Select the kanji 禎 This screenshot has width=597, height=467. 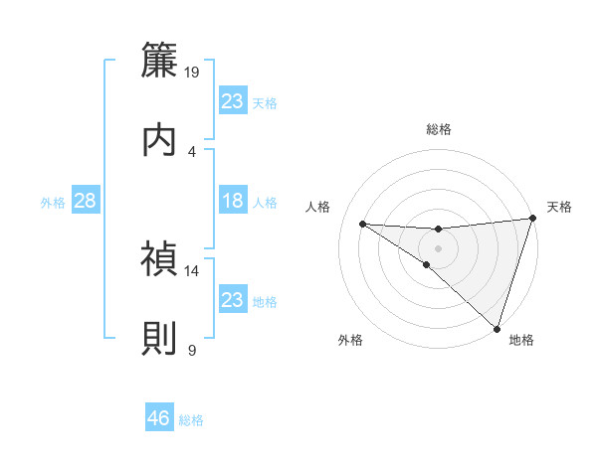[x=160, y=259]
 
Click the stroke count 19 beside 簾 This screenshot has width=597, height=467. [x=193, y=73]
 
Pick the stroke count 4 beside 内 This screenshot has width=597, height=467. [x=192, y=151]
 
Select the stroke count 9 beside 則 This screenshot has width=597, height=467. [x=192, y=351]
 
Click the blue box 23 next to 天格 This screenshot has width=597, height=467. [x=232, y=101]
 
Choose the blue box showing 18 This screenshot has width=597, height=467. [x=232, y=201]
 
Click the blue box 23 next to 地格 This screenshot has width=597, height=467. [x=232, y=300]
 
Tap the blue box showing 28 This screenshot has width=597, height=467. [x=86, y=201]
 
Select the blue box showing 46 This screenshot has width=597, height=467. [x=159, y=418]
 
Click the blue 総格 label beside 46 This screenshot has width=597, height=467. [x=192, y=420]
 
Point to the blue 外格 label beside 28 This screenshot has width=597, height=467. [x=53, y=203]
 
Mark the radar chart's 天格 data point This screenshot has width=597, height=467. [x=532, y=219]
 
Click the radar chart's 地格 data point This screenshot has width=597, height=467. [x=497, y=328]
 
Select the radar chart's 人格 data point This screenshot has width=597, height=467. [x=362, y=223]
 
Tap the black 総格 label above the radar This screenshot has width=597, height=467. [x=438, y=129]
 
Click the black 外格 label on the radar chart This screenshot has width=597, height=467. [x=350, y=341]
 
